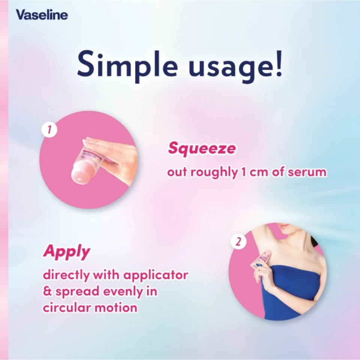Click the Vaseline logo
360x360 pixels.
42,15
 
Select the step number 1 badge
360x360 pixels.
49,130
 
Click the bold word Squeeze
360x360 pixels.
202,148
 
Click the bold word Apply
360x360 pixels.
66,252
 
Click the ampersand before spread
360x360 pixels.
47,292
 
